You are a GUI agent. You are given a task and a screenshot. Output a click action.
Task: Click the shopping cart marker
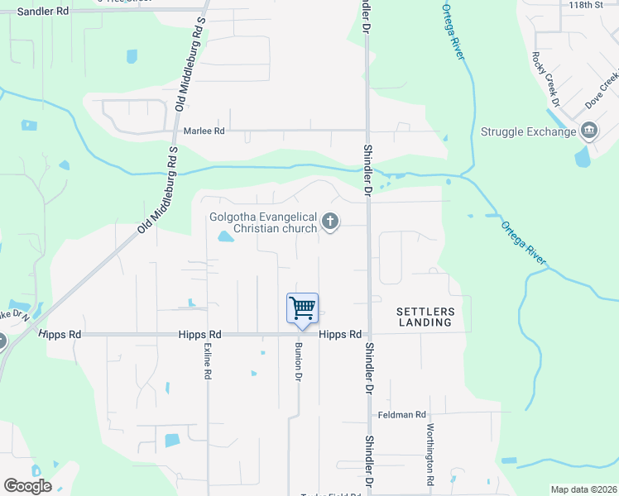coord(303,309)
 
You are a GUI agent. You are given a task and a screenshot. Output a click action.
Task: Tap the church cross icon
coord(330,221)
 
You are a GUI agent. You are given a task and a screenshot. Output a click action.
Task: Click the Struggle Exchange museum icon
coord(589,131)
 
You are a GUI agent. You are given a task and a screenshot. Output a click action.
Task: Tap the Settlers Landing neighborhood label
coord(425,317)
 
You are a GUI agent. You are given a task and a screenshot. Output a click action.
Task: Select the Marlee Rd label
coord(204,131)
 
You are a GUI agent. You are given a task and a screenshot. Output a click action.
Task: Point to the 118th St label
coord(587,5)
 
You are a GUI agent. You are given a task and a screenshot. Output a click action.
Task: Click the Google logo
coord(27,486)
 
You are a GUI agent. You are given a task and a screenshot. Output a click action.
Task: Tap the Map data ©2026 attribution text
coord(583,489)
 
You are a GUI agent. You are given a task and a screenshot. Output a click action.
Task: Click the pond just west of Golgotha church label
coord(224,238)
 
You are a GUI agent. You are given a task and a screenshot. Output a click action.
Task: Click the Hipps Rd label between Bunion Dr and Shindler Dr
coord(340,335)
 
